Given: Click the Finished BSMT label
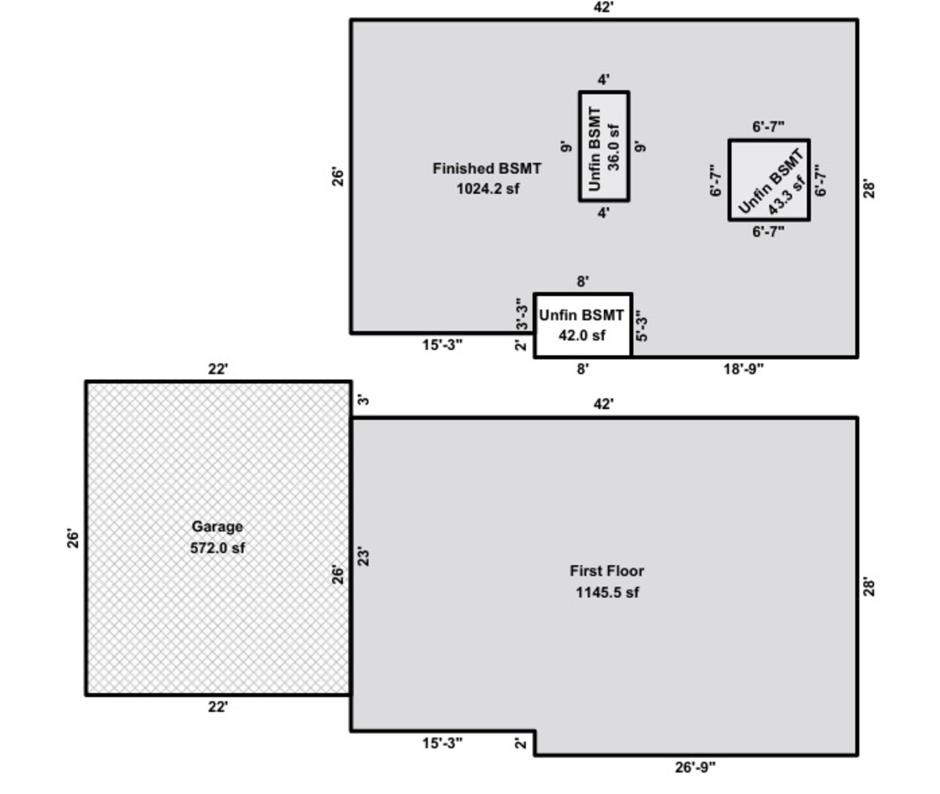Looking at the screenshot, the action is (486, 169).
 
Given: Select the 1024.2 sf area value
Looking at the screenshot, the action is (488, 189).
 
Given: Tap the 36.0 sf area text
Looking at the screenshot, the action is (614, 147).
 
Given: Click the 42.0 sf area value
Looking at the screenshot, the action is (582, 336).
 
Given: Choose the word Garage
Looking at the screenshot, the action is (217, 527).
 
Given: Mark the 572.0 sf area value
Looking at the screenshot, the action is (217, 548).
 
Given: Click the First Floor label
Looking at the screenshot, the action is (607, 571).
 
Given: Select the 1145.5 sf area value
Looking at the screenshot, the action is (607, 592).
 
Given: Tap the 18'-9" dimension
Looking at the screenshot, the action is (743, 369).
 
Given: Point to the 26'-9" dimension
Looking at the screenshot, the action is (695, 767).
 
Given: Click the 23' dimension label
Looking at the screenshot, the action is (364, 557).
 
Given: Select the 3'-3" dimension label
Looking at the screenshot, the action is (521, 314).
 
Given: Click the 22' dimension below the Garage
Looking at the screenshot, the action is (217, 707).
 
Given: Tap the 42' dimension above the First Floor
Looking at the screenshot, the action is (603, 404).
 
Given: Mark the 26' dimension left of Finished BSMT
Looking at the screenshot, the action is (338, 177).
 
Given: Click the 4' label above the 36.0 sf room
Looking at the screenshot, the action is (603, 80).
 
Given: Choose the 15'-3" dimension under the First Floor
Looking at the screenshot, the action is (442, 743).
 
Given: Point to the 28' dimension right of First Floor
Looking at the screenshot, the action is (869, 587).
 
